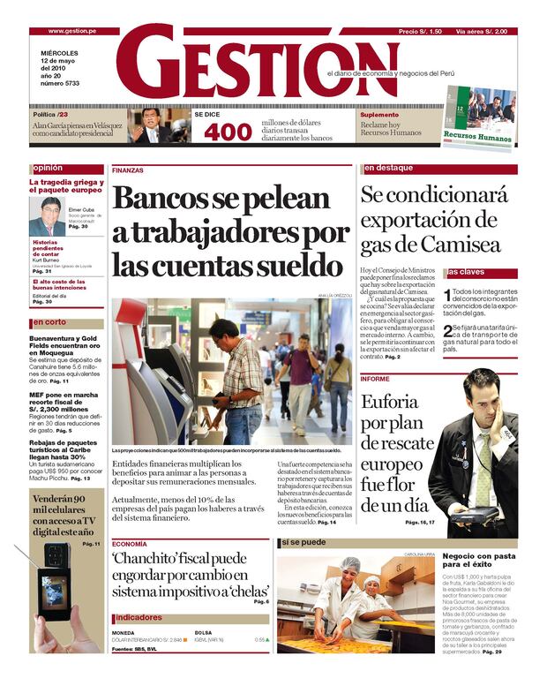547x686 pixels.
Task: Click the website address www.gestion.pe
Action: coord(72,31)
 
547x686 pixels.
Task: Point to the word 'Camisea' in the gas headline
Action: coord(460,244)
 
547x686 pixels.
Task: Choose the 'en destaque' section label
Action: coord(388,168)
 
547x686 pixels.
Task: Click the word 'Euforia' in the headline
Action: coord(394,404)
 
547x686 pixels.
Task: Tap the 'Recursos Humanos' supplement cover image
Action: coord(479,115)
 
